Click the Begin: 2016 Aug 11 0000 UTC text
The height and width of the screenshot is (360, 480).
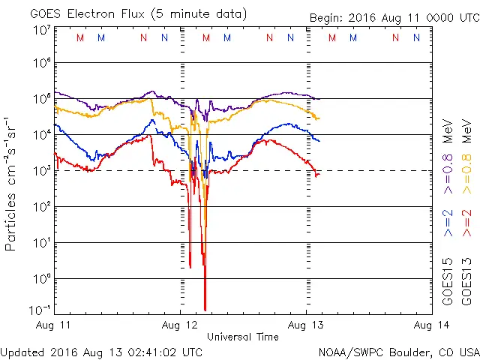394,18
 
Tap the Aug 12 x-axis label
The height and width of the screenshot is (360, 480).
180,325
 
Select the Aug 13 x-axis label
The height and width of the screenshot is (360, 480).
306,325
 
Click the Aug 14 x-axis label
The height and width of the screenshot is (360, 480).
432,325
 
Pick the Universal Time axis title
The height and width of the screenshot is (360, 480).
243,337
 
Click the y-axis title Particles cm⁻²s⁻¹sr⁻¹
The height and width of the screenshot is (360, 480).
12,183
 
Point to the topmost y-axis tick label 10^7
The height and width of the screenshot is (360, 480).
42,30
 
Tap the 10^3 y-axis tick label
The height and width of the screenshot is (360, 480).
42,170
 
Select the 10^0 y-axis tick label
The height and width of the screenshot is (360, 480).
42,278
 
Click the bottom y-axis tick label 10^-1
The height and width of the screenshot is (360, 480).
40,309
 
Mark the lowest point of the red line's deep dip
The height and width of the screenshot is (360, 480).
205,309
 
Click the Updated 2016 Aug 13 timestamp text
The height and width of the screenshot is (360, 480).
101,351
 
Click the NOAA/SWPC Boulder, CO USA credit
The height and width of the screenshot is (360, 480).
398,351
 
